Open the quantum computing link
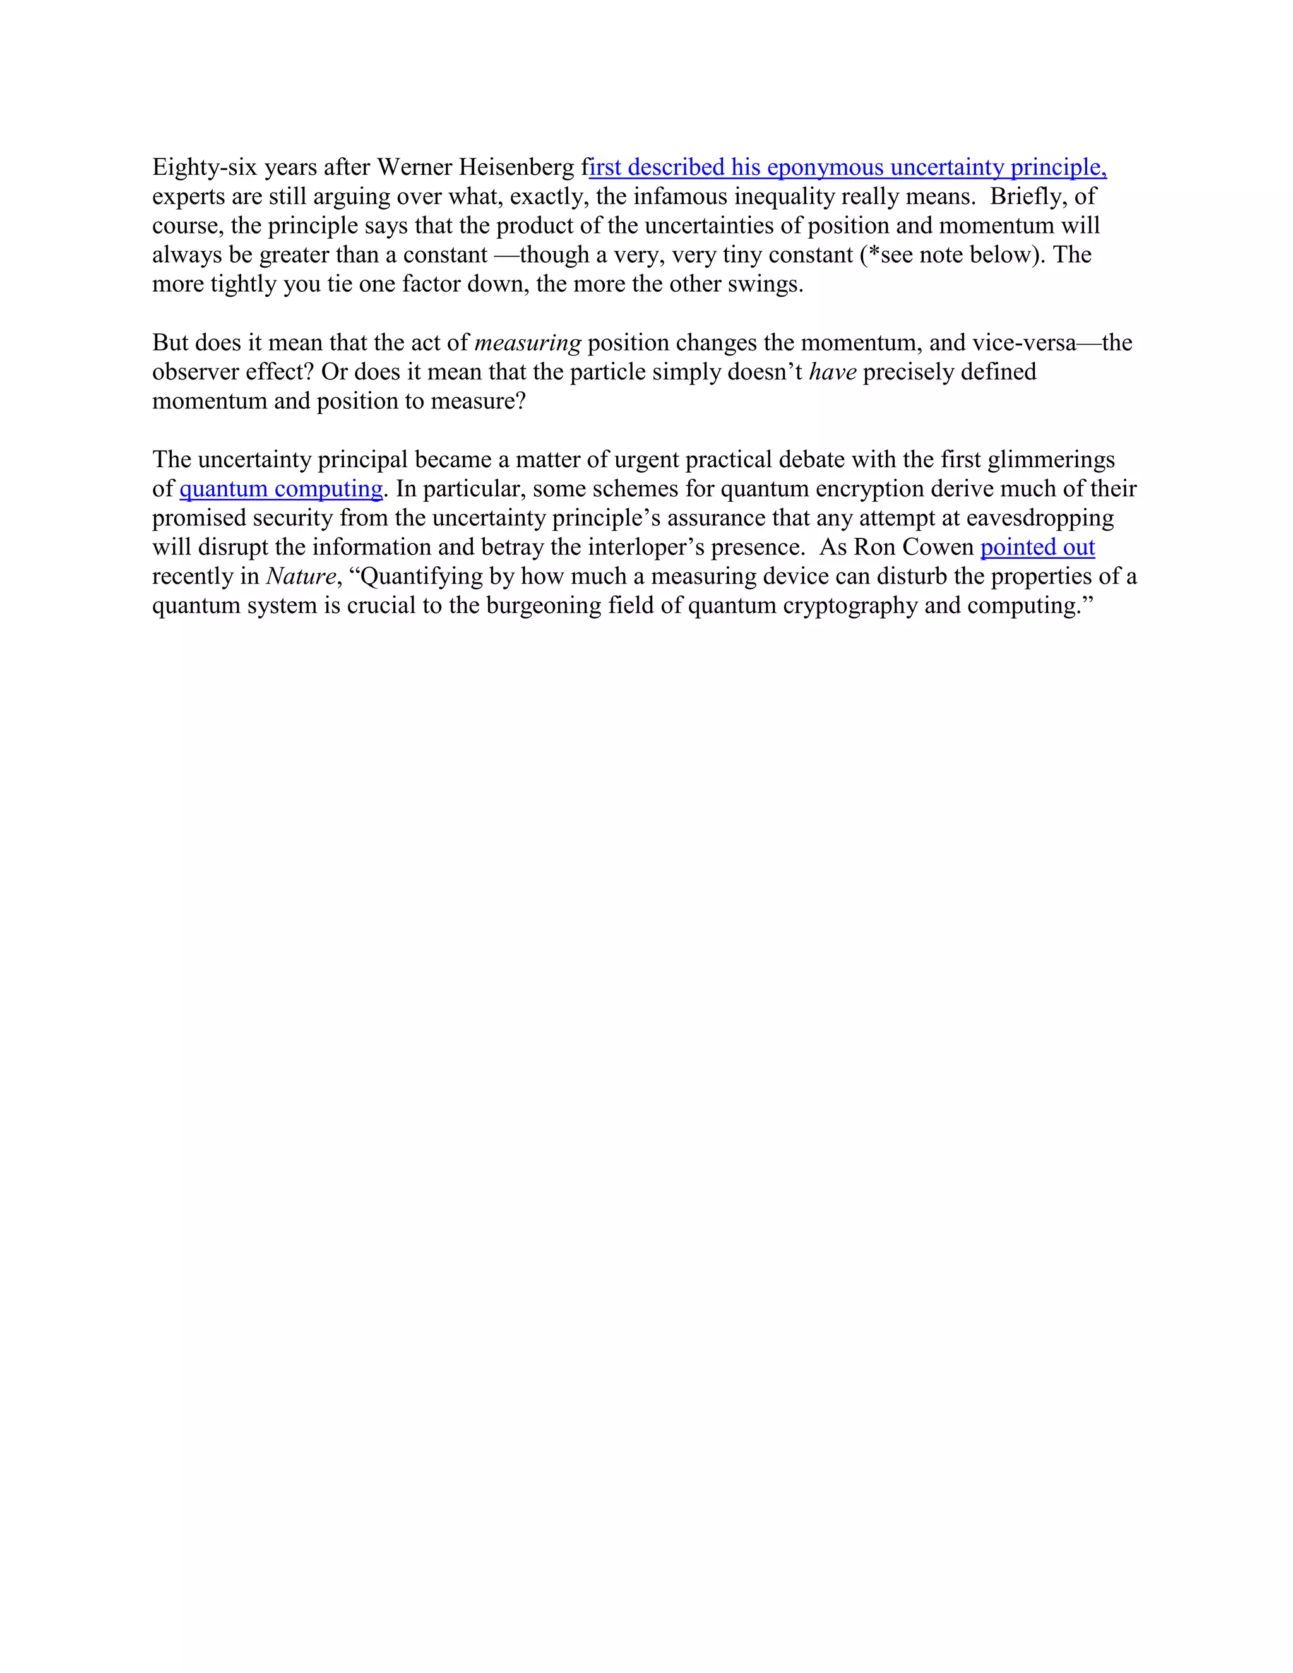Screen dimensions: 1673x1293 281,489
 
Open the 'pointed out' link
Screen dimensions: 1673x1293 1037,547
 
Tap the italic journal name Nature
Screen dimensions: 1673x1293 301,576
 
